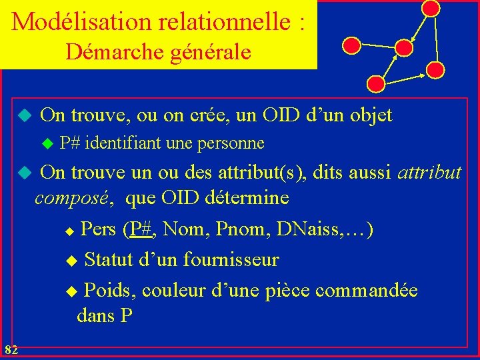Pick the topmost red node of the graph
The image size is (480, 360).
431,8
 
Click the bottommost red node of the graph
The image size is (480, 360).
377,83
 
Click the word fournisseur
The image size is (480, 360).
231,259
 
